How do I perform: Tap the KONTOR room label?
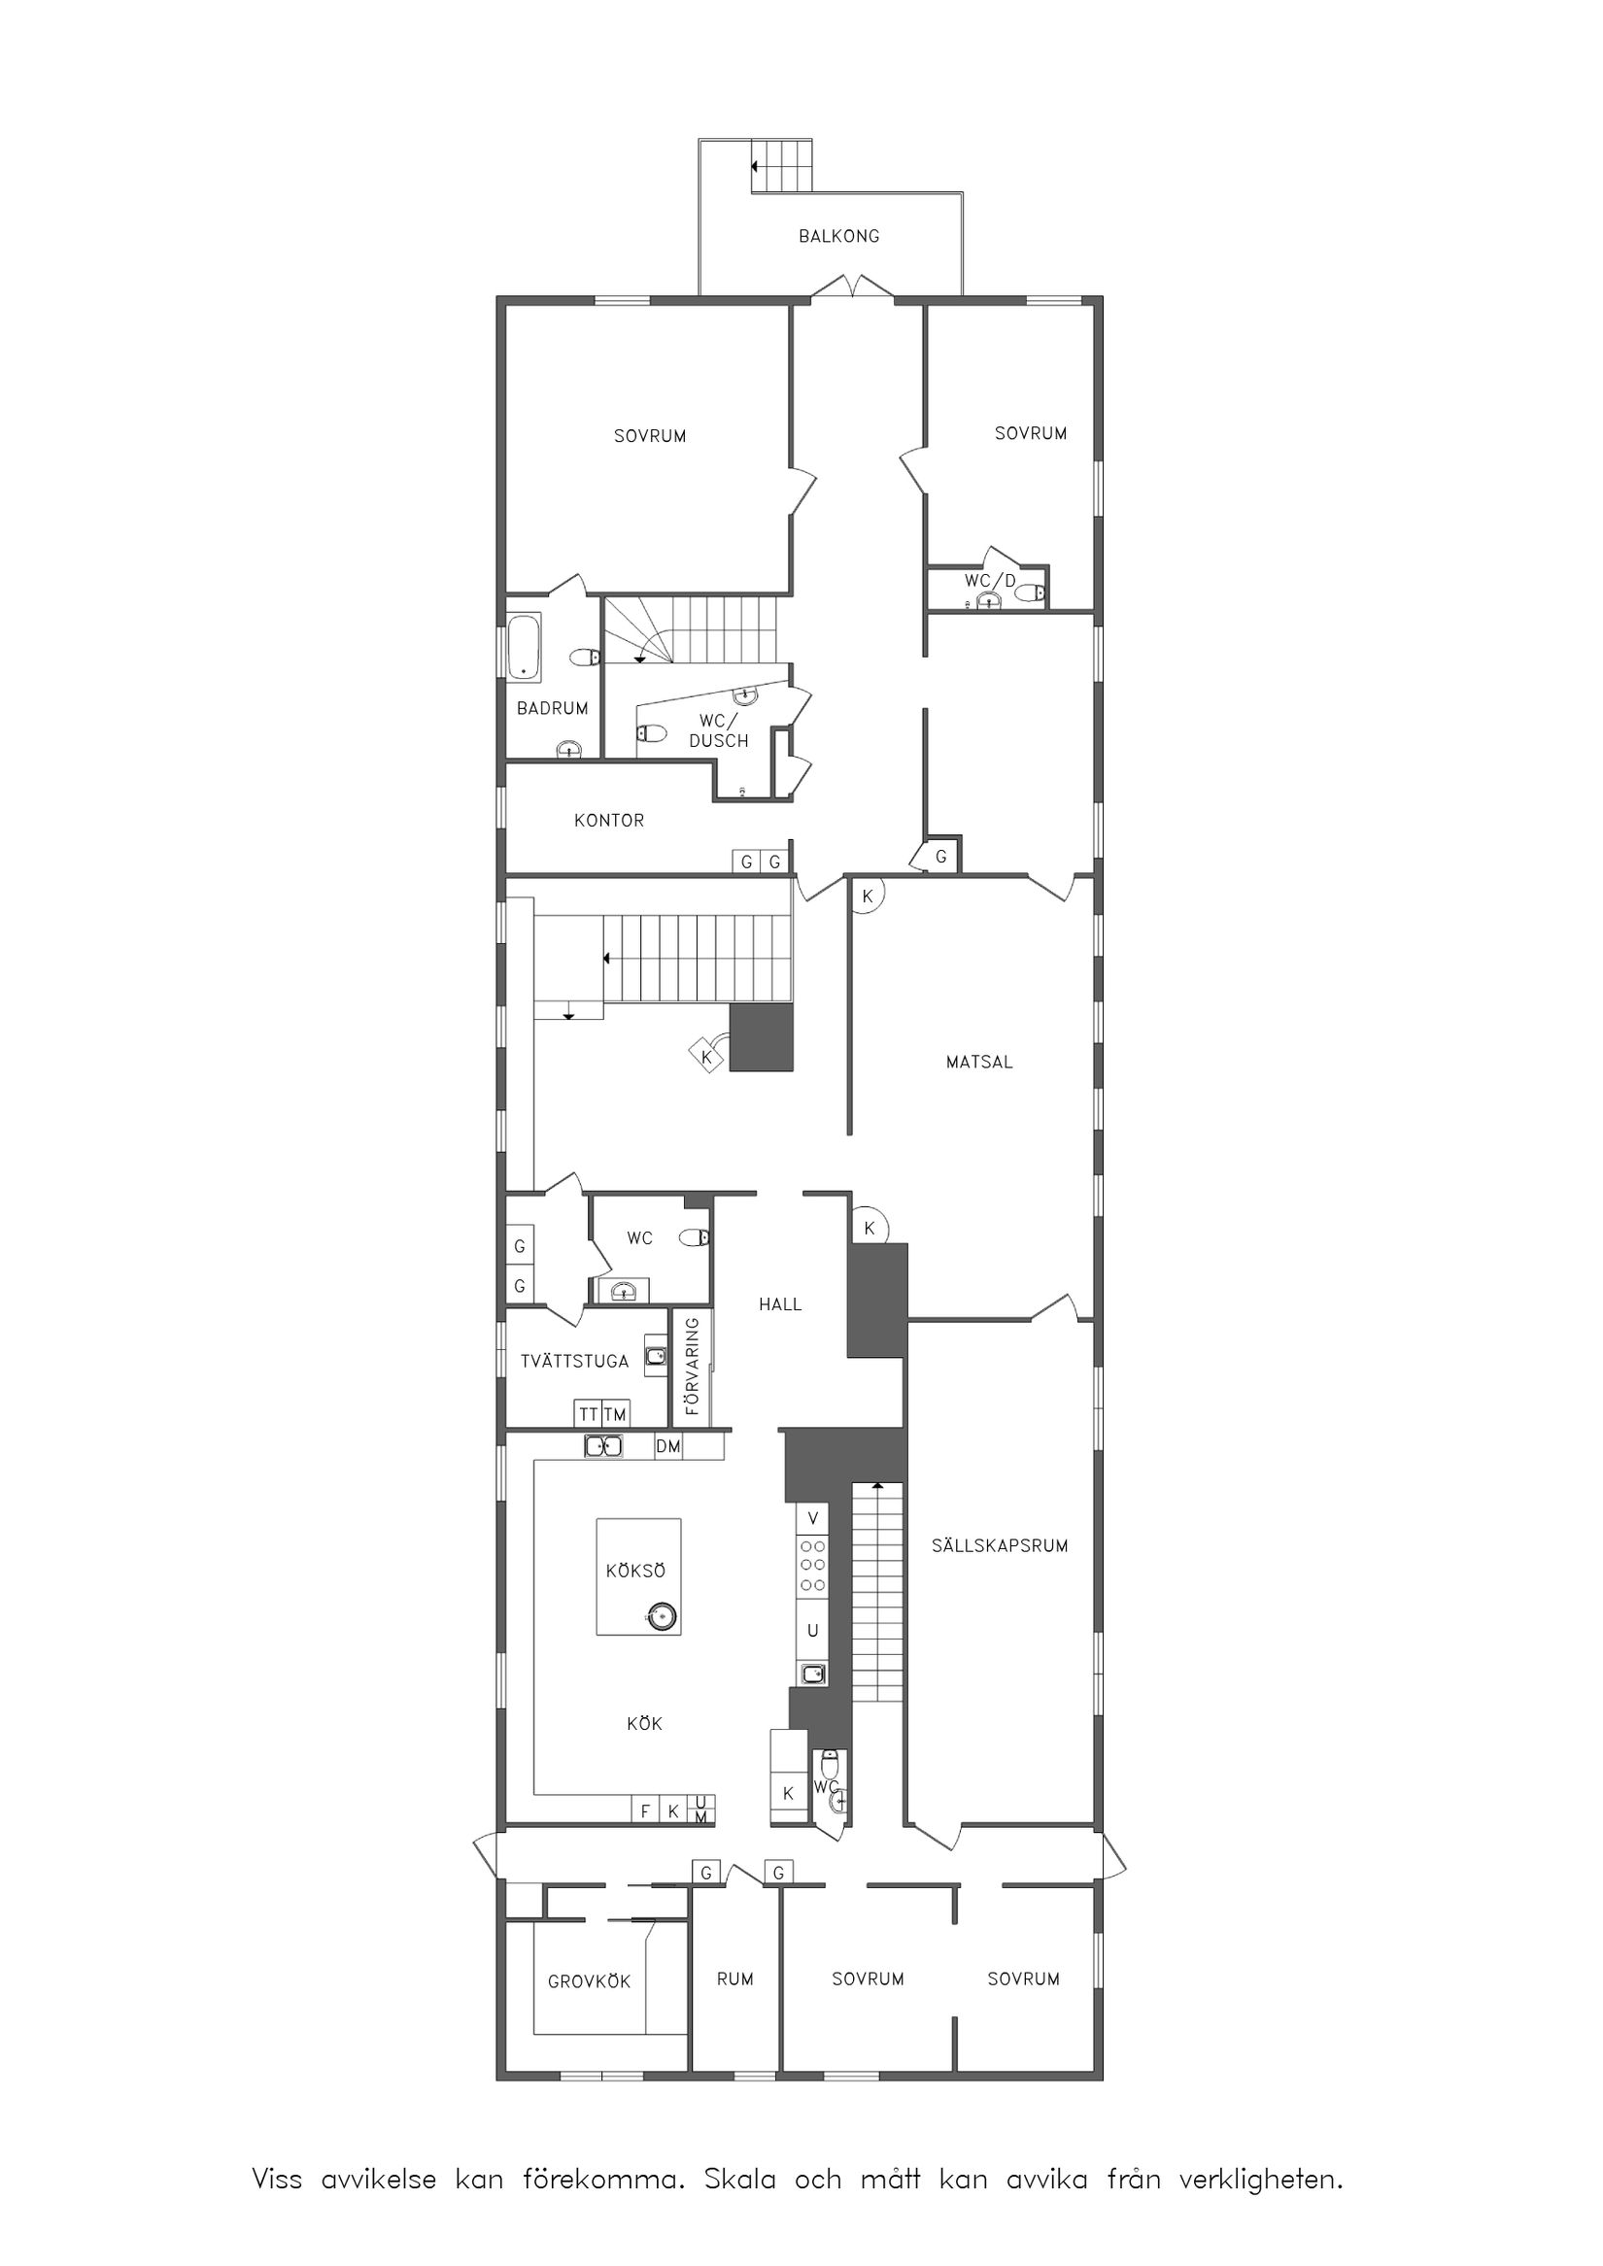(609, 820)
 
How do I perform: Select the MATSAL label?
(979, 1062)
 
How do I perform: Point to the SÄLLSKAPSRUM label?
(1000, 1545)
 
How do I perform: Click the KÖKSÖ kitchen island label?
(635, 1571)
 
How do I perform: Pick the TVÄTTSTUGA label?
(574, 1361)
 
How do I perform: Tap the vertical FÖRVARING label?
(692, 1366)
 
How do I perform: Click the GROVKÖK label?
(589, 1980)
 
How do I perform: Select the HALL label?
(780, 1304)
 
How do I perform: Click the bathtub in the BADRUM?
(523, 648)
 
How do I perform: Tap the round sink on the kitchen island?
(662, 1616)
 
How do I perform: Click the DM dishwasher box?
(668, 1447)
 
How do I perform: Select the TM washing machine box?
(615, 1414)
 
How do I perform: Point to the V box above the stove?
(813, 1518)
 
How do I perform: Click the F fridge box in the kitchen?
(645, 1811)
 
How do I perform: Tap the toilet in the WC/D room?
(1031, 593)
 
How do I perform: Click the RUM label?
(734, 1979)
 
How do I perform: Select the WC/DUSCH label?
(718, 730)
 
